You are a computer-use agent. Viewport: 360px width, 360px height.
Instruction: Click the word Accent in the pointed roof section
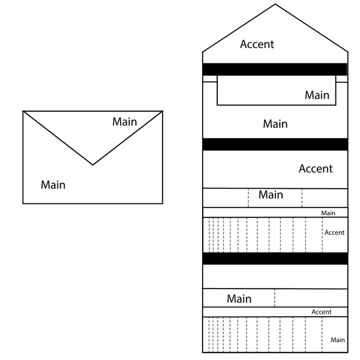(257, 44)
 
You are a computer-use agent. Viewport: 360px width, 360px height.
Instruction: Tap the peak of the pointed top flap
(275, 4)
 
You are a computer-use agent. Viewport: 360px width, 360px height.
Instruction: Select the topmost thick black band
(275, 69)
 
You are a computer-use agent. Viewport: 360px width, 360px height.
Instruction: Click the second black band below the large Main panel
(275, 144)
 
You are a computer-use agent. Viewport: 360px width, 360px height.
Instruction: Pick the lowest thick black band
(275, 259)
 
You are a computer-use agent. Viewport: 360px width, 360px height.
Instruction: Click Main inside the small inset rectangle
(317, 95)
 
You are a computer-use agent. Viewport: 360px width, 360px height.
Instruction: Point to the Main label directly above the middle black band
(275, 124)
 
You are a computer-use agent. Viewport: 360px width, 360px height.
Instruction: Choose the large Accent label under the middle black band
(316, 169)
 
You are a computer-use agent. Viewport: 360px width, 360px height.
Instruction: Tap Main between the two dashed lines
(271, 195)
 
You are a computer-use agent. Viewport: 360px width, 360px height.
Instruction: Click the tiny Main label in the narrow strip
(328, 213)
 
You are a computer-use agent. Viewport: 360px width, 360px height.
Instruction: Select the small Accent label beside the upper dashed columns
(335, 233)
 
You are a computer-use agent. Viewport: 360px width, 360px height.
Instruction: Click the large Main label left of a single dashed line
(239, 299)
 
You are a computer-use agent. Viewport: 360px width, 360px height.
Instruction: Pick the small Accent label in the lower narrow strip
(321, 312)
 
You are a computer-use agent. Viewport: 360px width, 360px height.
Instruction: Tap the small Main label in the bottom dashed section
(338, 340)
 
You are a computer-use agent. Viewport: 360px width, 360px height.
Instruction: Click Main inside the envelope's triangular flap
(125, 122)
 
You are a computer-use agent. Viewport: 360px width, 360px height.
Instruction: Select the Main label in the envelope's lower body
(53, 185)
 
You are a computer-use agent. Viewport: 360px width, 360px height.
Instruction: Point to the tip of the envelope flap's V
(93, 165)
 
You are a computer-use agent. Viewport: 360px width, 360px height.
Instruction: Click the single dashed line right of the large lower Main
(275, 298)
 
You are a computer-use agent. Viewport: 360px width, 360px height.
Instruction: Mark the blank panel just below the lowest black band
(275, 277)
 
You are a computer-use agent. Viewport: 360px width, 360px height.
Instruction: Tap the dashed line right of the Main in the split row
(302, 198)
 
